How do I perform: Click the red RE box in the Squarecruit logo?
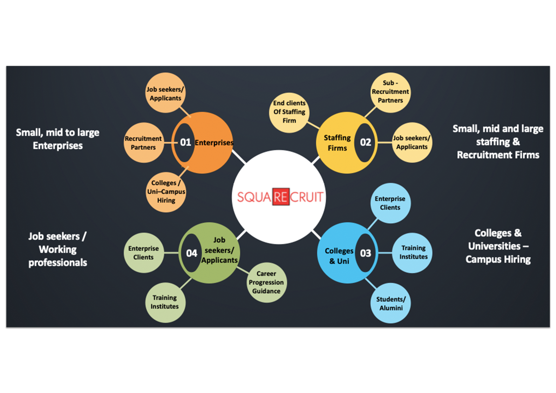pos(281,197)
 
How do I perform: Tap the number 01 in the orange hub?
pos(185,142)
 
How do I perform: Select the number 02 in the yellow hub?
pos(365,142)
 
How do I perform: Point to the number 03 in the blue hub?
pos(365,253)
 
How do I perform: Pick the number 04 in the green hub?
pos(191,253)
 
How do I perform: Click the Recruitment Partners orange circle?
pos(144,143)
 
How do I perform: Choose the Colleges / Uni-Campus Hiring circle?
pos(166,192)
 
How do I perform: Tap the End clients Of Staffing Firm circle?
pos(289,113)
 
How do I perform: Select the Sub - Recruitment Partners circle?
pos(390,92)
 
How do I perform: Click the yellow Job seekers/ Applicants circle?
pos(412,143)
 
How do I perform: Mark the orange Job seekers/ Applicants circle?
pos(165,93)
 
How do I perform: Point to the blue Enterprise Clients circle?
pos(390,203)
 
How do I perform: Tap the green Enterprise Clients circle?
pos(144,253)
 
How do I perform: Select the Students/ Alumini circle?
pos(390,303)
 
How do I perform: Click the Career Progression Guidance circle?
pos(266,282)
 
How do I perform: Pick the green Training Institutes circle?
pos(165,303)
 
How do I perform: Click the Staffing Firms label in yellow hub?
pos(337,143)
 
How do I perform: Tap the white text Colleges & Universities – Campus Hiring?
pos(498,246)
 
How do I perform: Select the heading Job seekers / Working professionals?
pos(58,249)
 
